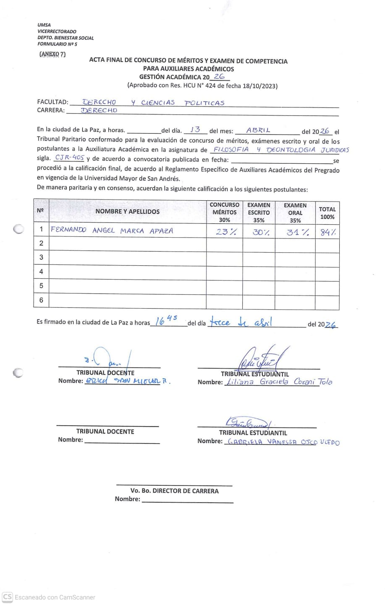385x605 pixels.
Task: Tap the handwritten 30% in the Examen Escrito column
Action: [x=260, y=231]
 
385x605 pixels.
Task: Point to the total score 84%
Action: [x=328, y=232]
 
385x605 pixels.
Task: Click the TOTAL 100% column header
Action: [x=327, y=213]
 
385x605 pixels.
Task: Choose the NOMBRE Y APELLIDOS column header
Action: [x=127, y=212]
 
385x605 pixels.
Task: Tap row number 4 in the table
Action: [x=41, y=272]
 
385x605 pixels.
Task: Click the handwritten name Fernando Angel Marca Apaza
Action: [x=112, y=230]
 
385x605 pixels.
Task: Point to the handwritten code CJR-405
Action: [x=70, y=158]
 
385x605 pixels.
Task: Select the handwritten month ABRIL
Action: [x=258, y=130]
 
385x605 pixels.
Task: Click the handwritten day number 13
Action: [x=195, y=130]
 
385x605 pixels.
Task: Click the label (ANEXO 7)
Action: [x=52, y=54]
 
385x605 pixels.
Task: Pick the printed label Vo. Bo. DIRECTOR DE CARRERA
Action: [x=174, y=491]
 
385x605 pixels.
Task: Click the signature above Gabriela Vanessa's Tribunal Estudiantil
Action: [x=249, y=422]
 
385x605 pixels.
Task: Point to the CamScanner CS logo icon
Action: [x=7, y=597]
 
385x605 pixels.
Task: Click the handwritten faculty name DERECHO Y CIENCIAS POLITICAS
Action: [x=153, y=102]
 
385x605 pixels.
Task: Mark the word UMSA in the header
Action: [x=44, y=25]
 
